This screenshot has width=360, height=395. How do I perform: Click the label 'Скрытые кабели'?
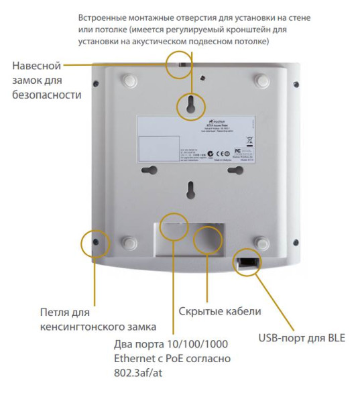point(219,312)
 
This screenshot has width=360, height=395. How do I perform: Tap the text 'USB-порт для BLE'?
point(302,337)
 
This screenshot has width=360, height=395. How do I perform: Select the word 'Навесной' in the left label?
point(37,66)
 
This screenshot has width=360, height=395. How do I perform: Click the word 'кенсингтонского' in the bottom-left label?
point(75,327)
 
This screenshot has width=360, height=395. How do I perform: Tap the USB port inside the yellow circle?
point(247,262)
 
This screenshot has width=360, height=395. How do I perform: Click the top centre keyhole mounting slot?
point(191,103)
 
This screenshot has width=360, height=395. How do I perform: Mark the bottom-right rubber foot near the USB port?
point(262,241)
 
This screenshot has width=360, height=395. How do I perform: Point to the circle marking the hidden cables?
point(207,239)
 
